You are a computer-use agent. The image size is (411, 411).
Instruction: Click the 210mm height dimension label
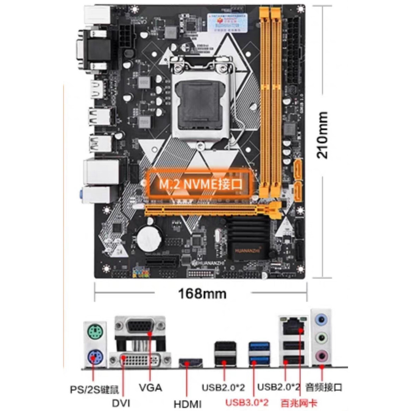(x=323, y=135)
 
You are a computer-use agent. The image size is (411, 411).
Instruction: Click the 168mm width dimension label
(x=202, y=293)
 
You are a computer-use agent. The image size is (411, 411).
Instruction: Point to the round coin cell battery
(x=149, y=238)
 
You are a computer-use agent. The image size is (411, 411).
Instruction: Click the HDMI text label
(x=188, y=403)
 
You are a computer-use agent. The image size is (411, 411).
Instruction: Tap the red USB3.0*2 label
(x=247, y=402)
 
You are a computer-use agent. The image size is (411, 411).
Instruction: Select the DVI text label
(x=121, y=403)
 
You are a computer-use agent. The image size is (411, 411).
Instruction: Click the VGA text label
(x=151, y=388)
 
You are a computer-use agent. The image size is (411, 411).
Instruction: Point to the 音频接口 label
(x=324, y=387)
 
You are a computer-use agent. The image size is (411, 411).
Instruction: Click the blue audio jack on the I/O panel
(x=321, y=320)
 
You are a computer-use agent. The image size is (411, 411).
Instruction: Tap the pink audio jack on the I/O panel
(x=321, y=355)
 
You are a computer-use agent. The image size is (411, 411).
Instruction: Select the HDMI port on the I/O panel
(x=190, y=364)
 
